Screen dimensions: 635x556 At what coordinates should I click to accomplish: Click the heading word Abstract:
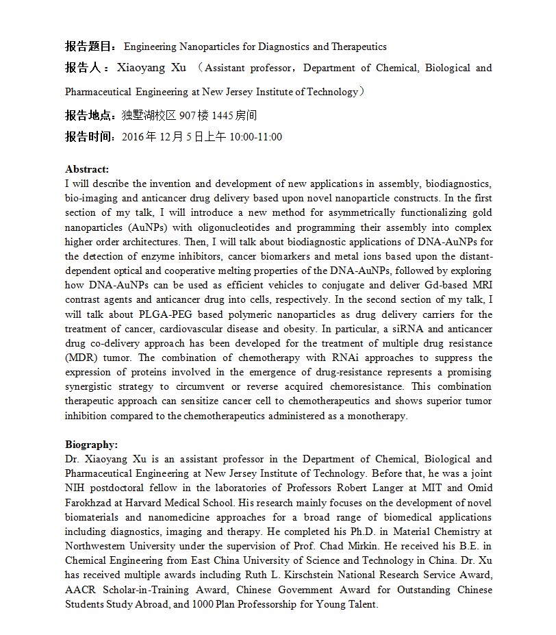87,169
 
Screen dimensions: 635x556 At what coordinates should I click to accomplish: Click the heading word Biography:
91,445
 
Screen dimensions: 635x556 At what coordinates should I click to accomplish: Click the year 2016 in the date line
132,137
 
